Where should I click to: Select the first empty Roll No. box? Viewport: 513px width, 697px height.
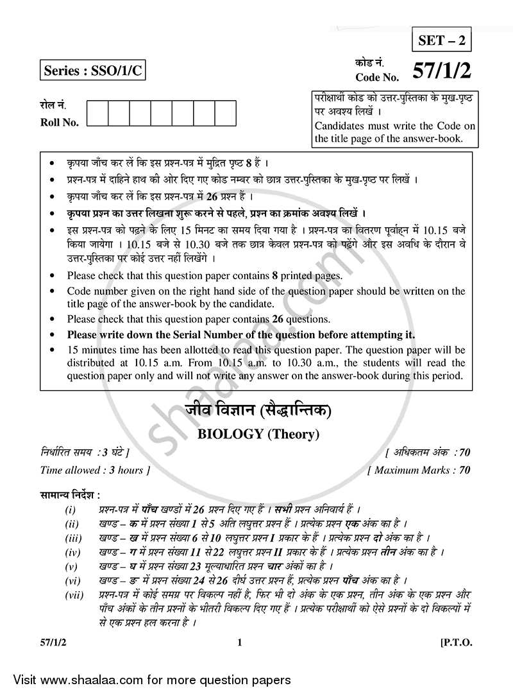pyautogui.click(x=97, y=113)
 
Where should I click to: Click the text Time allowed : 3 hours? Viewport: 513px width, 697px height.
pyautogui.click(x=96, y=470)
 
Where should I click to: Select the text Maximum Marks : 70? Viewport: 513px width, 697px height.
pyautogui.click(x=419, y=470)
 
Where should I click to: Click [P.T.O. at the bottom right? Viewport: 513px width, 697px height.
pyautogui.click(x=456, y=642)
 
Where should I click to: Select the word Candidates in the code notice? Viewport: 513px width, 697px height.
pyautogui.click(x=340, y=126)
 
